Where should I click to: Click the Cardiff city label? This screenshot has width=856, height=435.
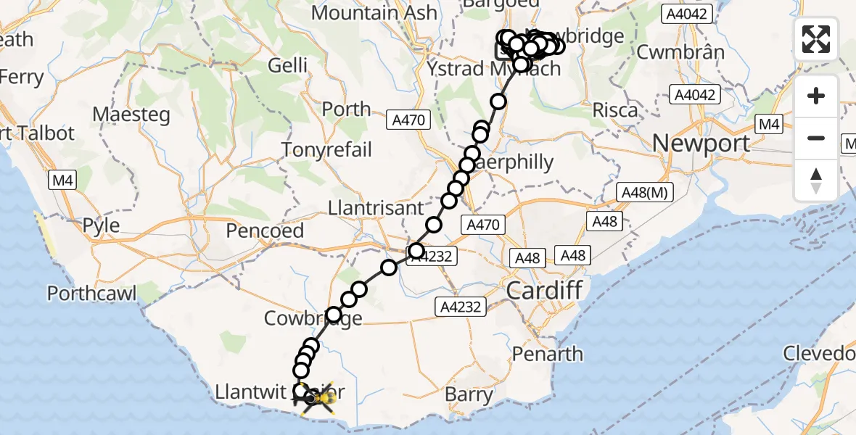pos(544,291)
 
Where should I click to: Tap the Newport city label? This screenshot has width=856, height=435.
pos(701,143)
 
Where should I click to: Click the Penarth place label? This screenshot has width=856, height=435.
pos(548,354)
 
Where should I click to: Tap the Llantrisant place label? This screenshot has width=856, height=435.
pos(376,208)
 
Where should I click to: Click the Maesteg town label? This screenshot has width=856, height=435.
pos(131,115)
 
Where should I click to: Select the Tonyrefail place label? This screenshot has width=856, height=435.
pos(326,150)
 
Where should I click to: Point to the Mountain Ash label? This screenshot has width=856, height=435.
pos(374,12)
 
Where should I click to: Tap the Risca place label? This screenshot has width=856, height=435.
pos(615,110)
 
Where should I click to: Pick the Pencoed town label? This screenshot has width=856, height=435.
pos(265,231)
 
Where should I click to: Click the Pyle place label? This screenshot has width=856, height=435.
pos(101,225)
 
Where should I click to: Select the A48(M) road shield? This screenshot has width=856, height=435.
pos(645,192)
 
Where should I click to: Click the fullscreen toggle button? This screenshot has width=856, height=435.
pos(816,38)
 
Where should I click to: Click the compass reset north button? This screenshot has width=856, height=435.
pos(816,181)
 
